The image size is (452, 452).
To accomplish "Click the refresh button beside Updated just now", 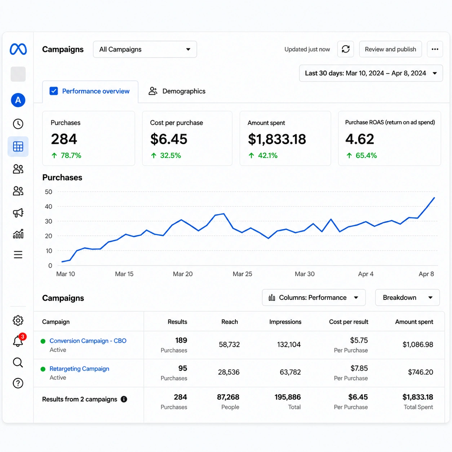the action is [x=345, y=49].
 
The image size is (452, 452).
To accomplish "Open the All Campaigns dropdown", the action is [x=145, y=49].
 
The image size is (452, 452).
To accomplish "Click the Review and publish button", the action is [x=390, y=49].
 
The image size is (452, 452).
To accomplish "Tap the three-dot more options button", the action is [x=435, y=49].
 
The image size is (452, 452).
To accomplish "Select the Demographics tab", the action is [x=177, y=91].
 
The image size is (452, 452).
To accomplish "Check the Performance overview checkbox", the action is [x=54, y=91].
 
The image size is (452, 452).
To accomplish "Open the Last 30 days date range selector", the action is [x=371, y=73].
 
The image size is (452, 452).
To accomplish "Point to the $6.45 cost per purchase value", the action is [x=169, y=139].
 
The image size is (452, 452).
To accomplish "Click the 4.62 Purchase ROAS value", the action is [x=360, y=139].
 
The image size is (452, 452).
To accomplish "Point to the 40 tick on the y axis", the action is [x=49, y=207].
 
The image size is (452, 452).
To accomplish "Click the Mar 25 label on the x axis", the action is [x=242, y=274].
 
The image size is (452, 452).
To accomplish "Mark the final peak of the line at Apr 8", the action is [x=434, y=198].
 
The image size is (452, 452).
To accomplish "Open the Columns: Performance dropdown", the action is [x=314, y=297].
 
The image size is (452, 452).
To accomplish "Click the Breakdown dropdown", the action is [x=407, y=297].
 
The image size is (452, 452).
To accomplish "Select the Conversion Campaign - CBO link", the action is [x=88, y=341].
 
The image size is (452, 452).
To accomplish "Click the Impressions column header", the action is [x=285, y=322].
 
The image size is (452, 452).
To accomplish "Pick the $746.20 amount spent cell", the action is [x=420, y=372].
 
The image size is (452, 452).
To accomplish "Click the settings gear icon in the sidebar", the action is [x=18, y=320].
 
